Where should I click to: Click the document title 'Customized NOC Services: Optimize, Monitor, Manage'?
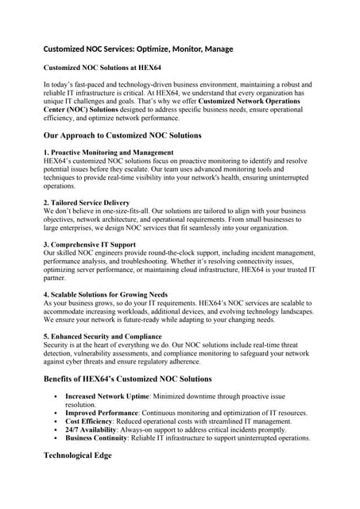click(x=137, y=49)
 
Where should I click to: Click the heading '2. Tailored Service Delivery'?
click(x=86, y=203)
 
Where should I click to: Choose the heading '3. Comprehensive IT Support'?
click(x=89, y=244)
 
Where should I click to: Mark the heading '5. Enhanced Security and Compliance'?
click(x=101, y=336)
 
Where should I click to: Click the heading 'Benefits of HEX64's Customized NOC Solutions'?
click(x=127, y=379)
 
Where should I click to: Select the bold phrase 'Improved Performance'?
click(x=102, y=413)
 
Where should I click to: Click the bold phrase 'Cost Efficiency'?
click(x=91, y=422)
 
